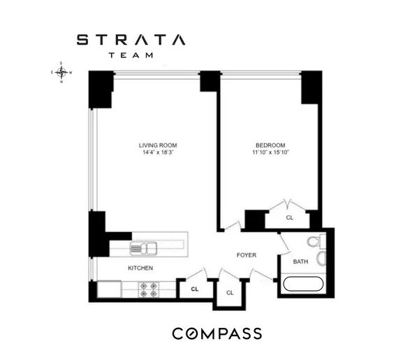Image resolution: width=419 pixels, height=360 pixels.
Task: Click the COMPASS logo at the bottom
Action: click(x=217, y=333)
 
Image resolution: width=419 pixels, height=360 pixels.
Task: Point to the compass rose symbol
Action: click(x=62, y=72)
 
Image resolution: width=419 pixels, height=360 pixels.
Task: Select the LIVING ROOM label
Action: click(x=157, y=145)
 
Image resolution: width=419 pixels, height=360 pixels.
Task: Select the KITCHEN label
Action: click(x=140, y=268)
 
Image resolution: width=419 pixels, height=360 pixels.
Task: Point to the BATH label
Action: click(x=300, y=262)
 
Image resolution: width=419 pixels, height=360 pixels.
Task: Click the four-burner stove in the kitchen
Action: click(x=149, y=288)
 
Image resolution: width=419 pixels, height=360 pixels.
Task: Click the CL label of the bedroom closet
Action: click(x=289, y=217)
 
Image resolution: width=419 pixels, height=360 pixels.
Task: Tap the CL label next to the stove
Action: click(x=195, y=288)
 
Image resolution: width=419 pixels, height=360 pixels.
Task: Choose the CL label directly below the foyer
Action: click(x=229, y=292)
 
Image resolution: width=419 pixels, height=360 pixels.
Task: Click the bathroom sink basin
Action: click(x=321, y=259)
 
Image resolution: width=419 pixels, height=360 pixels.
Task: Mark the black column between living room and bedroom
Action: click(x=209, y=81)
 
